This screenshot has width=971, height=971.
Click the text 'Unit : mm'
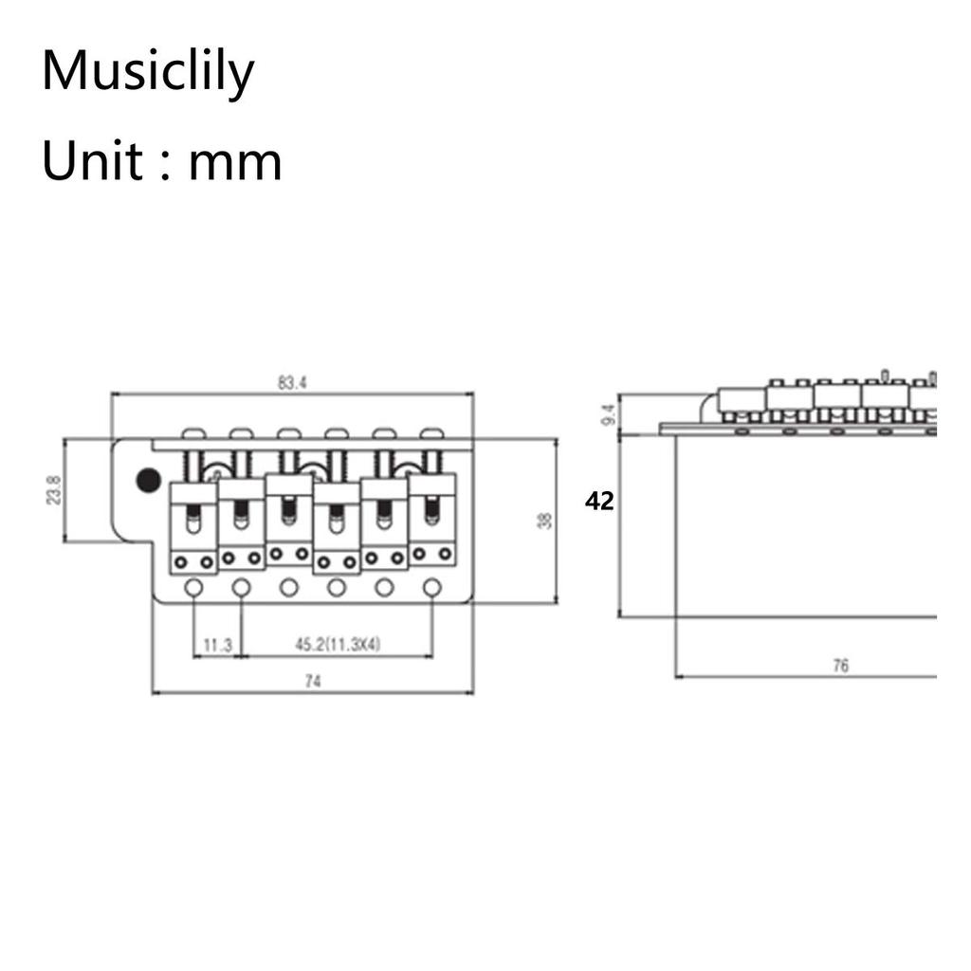coord(161,160)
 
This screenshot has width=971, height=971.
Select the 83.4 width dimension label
coord(292,383)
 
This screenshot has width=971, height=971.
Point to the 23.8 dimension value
coord(54,490)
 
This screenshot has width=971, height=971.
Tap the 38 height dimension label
coord(544,521)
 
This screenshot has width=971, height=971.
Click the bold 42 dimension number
coord(599,502)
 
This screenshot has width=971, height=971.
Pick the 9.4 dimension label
coord(610,414)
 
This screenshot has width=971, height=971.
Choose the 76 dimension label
coord(840,666)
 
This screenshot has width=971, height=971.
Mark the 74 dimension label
coord(313,681)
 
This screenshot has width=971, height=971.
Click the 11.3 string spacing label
coord(217,645)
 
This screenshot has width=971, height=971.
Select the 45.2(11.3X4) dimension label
coord(338,645)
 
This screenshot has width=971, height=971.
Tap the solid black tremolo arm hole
coord(148,480)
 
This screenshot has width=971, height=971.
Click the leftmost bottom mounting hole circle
coord(194,588)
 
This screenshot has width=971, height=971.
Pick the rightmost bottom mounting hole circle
coord(431,588)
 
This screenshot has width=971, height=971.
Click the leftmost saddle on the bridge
coord(193,527)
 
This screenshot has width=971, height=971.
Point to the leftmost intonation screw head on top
coord(193,433)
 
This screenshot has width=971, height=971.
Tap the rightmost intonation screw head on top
coord(431,433)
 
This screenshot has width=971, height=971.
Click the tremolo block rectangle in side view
coord(806,526)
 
